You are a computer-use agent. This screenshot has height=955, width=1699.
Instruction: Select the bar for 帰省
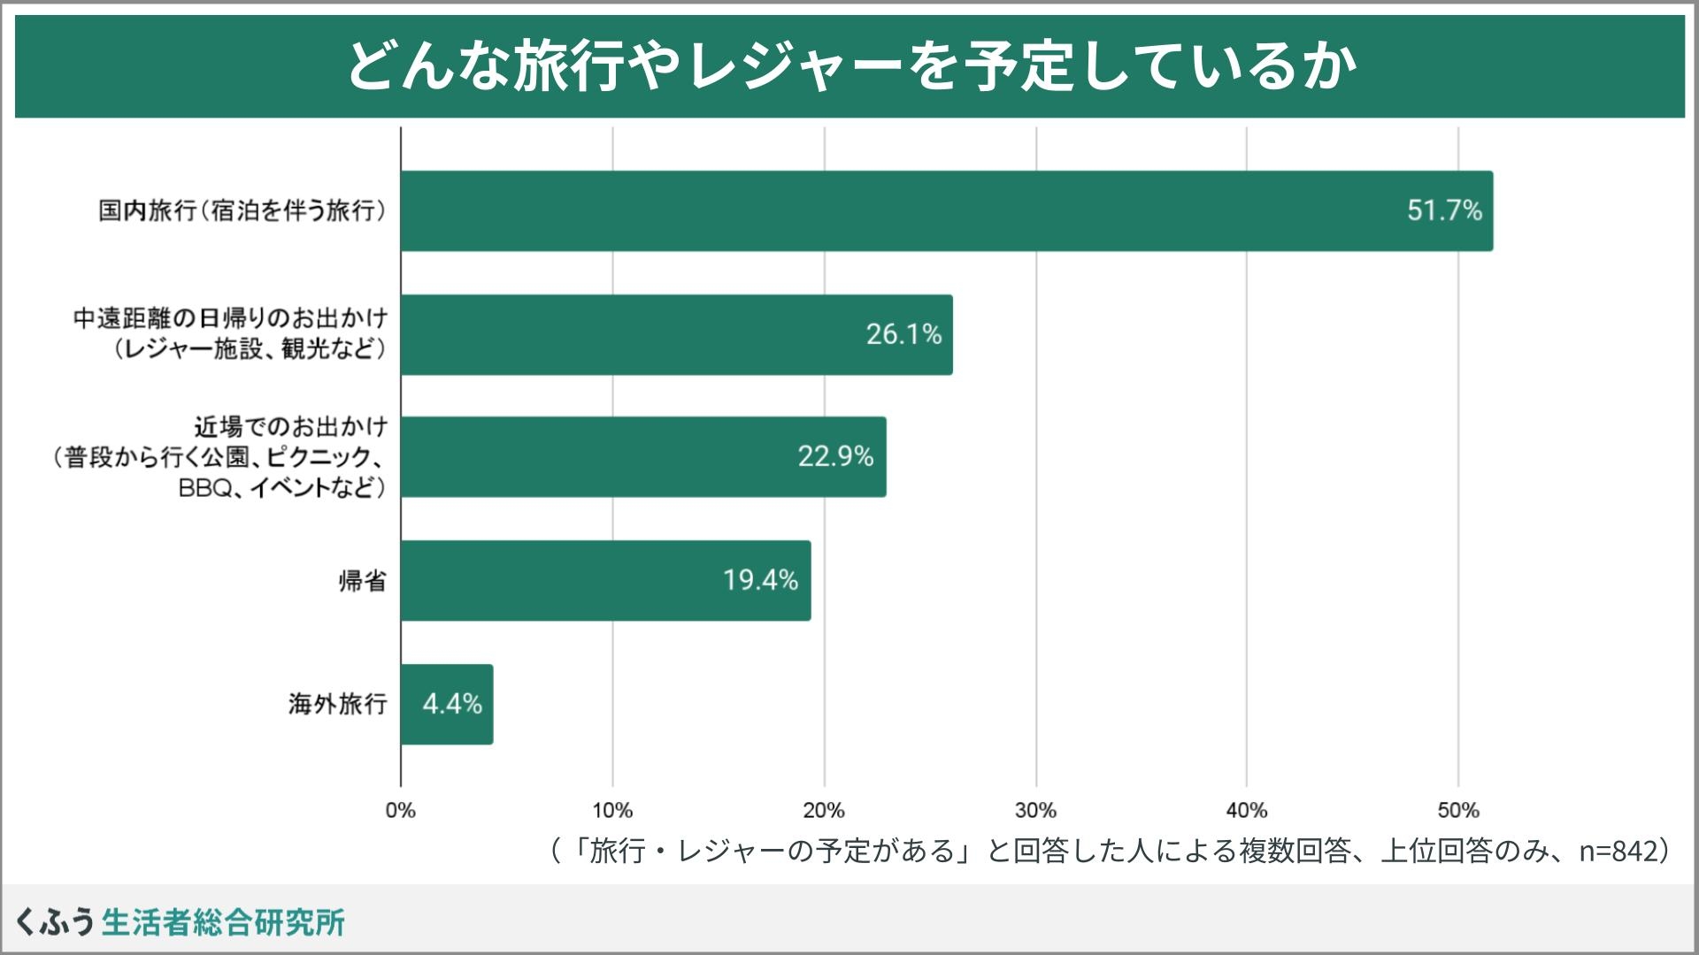point(605,580)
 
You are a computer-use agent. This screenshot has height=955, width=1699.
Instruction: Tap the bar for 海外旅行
point(446,704)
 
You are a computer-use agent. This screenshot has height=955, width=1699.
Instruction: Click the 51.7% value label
point(1444,210)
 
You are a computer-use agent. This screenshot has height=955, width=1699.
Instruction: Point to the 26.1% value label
point(903,334)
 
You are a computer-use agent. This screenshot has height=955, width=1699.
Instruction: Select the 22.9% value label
point(835,456)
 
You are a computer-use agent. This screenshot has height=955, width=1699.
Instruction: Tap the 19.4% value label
point(760,580)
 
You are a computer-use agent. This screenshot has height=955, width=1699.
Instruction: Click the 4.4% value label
point(452,704)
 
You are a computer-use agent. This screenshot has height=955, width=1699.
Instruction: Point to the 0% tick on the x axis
point(401,810)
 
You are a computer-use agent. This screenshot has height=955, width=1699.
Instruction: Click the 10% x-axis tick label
point(612,810)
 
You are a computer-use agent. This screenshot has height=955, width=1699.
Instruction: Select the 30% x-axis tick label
point(1035,810)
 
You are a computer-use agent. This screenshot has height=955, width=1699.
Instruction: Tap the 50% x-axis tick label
point(1458,810)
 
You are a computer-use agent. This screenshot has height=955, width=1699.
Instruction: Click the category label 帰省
point(362,581)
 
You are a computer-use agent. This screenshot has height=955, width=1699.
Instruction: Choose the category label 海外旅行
point(337,704)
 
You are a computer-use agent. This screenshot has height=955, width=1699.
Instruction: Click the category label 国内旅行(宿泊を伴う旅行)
point(242,211)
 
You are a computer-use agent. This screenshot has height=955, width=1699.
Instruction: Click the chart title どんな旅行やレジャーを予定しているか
point(849,66)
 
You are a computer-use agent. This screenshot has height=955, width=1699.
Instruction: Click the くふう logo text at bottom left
point(55,922)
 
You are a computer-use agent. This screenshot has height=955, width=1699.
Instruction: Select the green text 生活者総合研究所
point(223,922)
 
